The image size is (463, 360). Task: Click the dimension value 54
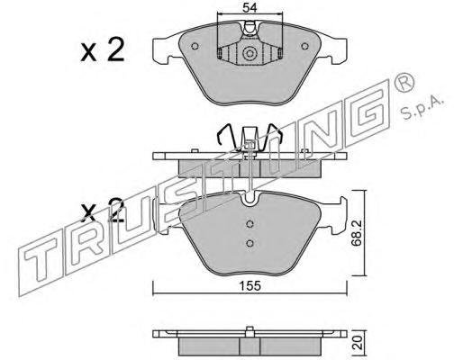[x=250, y=7]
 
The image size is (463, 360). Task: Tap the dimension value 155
[x=250, y=285]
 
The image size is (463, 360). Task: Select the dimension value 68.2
[x=357, y=233]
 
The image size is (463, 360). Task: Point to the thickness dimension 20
[x=358, y=342]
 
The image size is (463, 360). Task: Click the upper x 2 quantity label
[x=103, y=50]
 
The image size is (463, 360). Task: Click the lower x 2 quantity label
[x=103, y=210]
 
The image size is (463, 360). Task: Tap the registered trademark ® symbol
[x=404, y=81]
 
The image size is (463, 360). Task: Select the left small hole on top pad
[x=195, y=46]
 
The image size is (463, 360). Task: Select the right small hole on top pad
[x=304, y=46]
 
